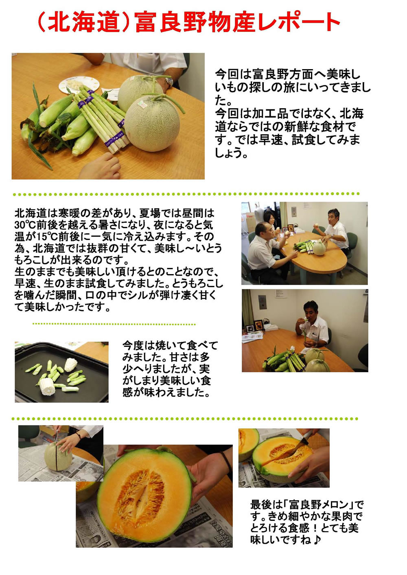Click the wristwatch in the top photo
tap(170, 82)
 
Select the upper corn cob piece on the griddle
tap(71, 365)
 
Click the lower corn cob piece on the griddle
tap(48, 387)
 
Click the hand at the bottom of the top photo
tap(101, 166)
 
